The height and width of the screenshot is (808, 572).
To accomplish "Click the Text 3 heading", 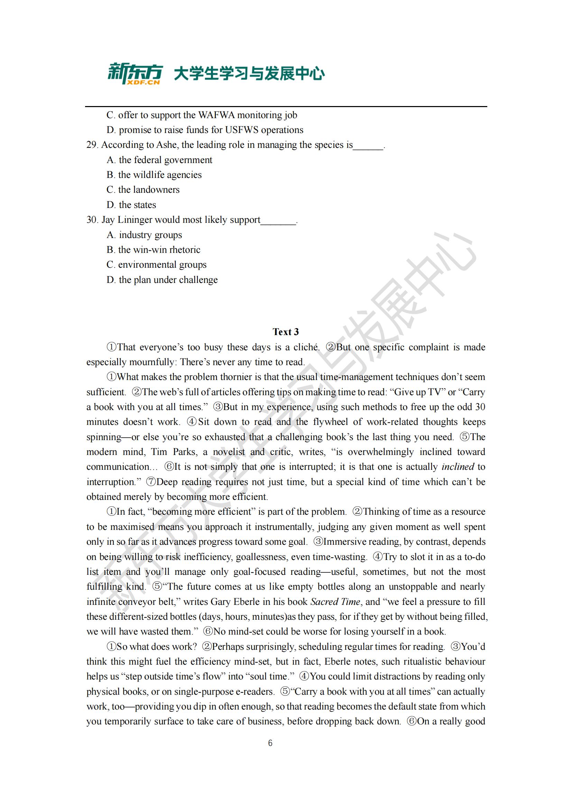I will pyautogui.click(x=286, y=332).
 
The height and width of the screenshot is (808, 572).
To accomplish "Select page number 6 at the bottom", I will pyautogui.click(x=270, y=743).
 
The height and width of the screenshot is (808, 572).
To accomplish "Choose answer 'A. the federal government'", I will pyautogui.click(x=159, y=160).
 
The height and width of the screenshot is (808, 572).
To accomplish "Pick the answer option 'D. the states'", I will pyautogui.click(x=131, y=205).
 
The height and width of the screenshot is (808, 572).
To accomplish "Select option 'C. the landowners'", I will pyautogui.click(x=143, y=190).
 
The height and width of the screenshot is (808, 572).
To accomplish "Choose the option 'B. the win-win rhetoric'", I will pyautogui.click(x=154, y=250).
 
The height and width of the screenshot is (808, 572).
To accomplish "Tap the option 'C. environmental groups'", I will pyautogui.click(x=157, y=265).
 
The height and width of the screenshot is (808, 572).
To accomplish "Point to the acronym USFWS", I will pyautogui.click(x=242, y=130).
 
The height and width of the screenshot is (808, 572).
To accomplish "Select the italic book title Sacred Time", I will pyautogui.click(x=335, y=602).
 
